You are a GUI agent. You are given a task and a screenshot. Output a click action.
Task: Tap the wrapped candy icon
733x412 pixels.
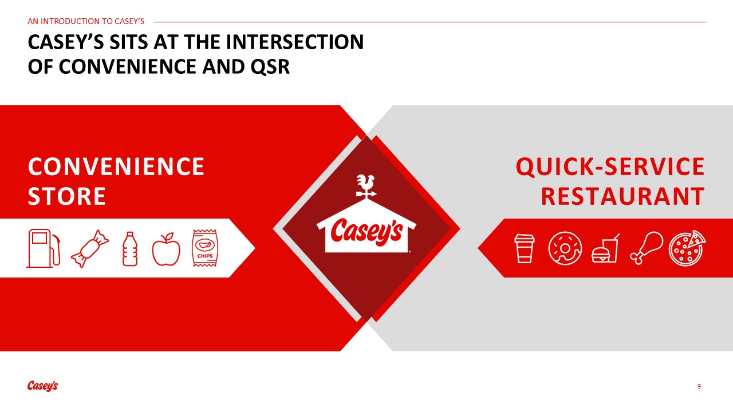click(90, 249)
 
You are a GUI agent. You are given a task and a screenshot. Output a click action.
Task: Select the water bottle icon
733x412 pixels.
click(130, 249)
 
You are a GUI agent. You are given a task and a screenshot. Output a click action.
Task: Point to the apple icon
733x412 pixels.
click(166, 249)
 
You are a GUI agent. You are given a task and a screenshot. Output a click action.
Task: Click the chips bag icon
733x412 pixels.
click(205, 248)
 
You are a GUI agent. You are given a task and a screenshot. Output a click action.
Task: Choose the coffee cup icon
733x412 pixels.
click(524, 248)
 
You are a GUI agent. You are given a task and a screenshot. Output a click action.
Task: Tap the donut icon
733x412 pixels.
click(565, 248)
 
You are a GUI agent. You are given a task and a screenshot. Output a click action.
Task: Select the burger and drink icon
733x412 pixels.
click(605, 248)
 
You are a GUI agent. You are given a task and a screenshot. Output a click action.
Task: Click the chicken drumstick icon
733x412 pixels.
click(647, 248)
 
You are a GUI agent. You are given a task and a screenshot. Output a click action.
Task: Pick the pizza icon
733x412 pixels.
click(687, 248)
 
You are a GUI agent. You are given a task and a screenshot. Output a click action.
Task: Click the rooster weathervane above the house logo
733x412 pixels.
click(366, 187)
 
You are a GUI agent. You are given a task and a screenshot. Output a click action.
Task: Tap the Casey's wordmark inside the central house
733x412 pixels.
click(366, 232)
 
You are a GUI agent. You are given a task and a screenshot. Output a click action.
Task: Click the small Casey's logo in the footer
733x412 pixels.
click(42, 386)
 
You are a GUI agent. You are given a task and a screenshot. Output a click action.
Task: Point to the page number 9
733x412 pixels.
click(699, 386)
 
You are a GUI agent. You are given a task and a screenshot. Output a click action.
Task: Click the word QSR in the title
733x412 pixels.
click(270, 67)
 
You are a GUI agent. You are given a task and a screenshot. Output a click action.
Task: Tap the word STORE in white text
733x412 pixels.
click(67, 196)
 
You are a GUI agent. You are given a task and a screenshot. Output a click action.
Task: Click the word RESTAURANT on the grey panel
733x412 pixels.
click(622, 196)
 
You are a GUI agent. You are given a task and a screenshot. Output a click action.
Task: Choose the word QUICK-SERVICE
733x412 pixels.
click(610, 167)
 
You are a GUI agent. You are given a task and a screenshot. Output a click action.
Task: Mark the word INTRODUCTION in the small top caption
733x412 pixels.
click(70, 21)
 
